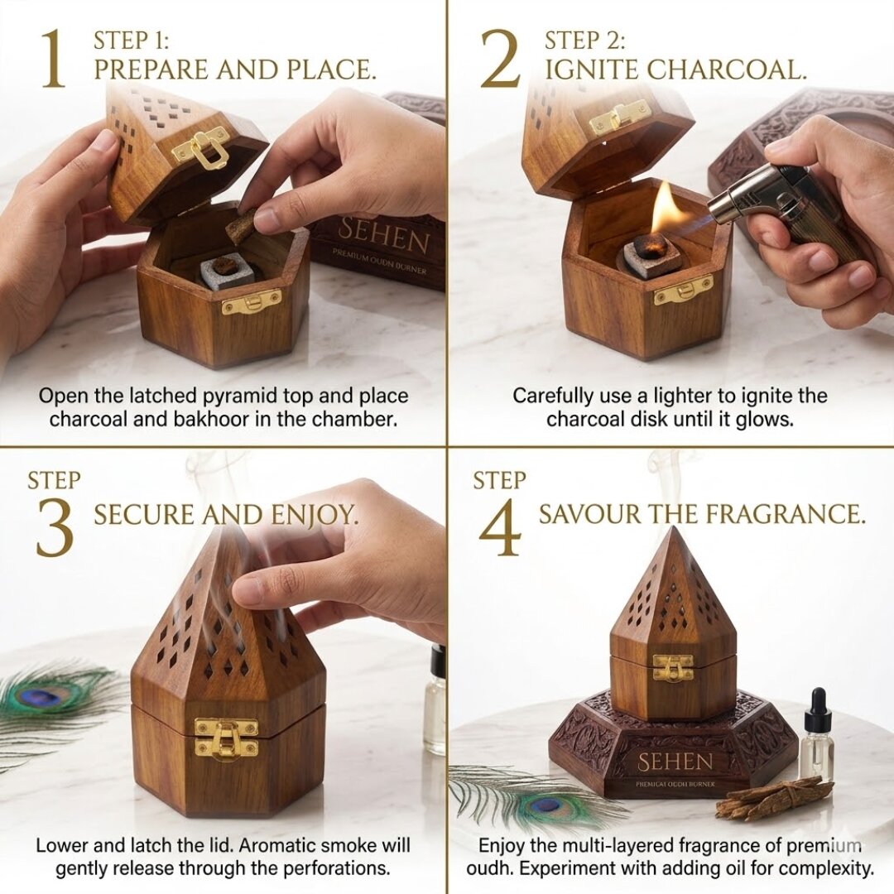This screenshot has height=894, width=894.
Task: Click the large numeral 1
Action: click(x=52, y=58)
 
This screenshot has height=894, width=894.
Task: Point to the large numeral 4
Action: click(x=499, y=526)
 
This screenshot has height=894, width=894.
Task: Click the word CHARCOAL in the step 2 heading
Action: click(x=728, y=70)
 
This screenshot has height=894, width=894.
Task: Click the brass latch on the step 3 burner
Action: click(x=225, y=738)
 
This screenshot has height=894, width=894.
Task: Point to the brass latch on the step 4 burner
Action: click(x=672, y=667)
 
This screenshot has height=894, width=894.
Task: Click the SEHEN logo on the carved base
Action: click(x=675, y=762)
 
